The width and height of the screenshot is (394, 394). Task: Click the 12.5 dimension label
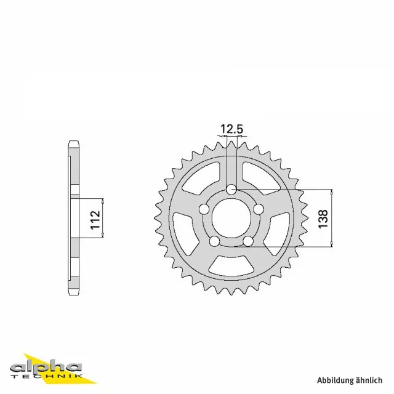click(231, 129)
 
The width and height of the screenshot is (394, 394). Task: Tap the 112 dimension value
click(95, 219)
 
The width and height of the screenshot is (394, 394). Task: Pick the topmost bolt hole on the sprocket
click(231, 189)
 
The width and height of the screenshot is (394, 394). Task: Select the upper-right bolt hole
click(259, 209)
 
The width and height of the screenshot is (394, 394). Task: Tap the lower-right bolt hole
click(249, 242)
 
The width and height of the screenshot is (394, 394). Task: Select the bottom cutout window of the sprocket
click(231, 266)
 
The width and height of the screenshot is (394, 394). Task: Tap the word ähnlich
click(372, 380)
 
